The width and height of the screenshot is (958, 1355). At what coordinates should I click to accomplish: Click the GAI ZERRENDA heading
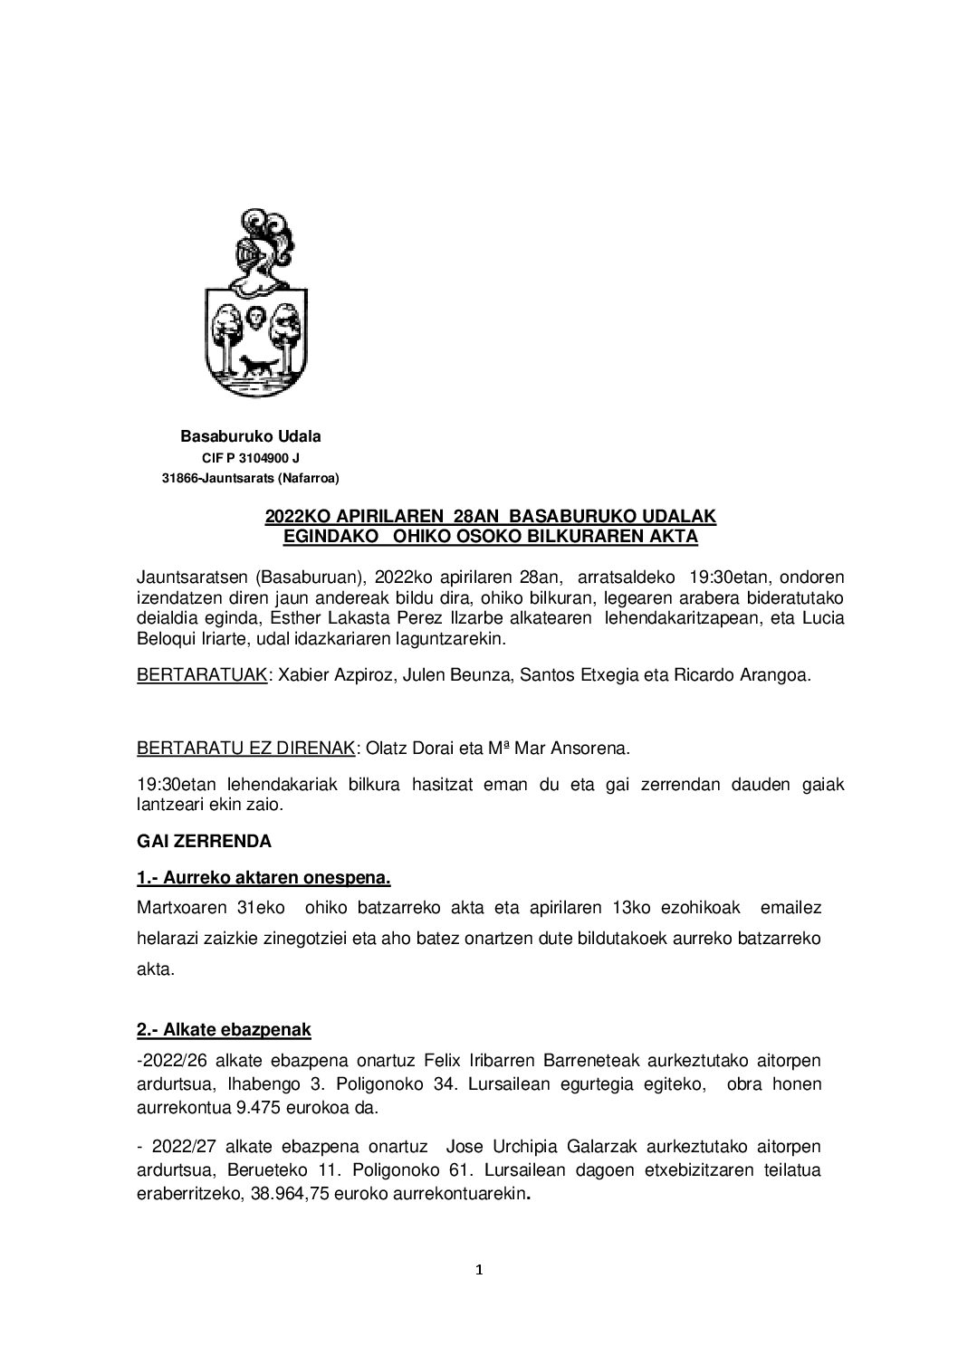point(204,841)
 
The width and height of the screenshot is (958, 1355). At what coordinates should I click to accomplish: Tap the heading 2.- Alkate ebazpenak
point(224,1029)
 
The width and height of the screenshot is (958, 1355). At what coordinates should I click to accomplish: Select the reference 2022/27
point(177,1145)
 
